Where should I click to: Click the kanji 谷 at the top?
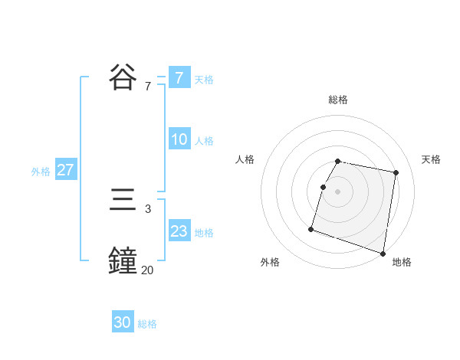123,77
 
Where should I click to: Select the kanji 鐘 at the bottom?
123,260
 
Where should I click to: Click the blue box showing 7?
179,77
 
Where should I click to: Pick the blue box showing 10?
179,139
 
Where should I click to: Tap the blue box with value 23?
179,231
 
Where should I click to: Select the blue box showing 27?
65,170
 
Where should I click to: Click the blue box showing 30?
123,322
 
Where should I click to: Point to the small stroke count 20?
147,270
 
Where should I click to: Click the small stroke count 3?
147,208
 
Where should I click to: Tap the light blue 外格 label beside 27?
41,172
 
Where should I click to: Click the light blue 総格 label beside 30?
147,324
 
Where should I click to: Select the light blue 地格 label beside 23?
204,233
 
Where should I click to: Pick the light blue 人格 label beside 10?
204,141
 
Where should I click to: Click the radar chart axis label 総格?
338,100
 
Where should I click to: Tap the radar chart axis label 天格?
432,159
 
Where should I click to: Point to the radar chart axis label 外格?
270,262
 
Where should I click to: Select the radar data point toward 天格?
396,173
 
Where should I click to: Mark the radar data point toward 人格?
323,187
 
